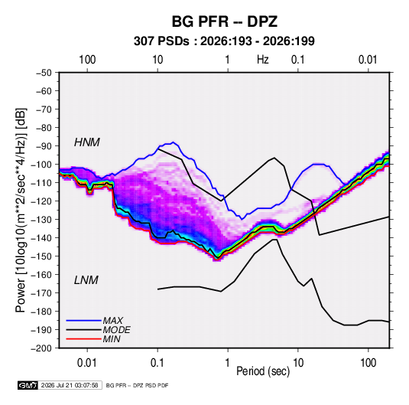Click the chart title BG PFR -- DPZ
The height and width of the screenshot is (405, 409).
[x=224, y=21]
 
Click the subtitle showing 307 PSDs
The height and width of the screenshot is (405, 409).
[x=224, y=41]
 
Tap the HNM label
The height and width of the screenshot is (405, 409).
[x=87, y=142]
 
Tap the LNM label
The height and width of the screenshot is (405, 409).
[x=86, y=280]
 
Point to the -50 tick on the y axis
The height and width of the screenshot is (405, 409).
[x=44, y=73]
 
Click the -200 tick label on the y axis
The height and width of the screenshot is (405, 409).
[x=41, y=348]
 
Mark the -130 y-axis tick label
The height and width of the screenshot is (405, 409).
[x=41, y=220]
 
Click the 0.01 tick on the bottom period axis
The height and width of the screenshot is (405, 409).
[x=87, y=363]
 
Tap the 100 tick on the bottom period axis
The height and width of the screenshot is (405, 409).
[x=368, y=363]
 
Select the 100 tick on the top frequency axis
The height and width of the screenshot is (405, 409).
[x=87, y=60]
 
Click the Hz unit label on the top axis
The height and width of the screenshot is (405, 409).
[x=263, y=60]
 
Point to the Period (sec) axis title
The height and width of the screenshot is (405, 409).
[x=263, y=371]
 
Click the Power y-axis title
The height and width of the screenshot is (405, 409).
[x=21, y=210]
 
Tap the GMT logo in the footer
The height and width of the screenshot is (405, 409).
[x=28, y=385]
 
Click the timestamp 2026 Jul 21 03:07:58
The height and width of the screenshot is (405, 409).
[x=70, y=385]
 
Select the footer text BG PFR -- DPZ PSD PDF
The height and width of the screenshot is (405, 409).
[x=137, y=385]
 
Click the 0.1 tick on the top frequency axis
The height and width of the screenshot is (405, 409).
[x=298, y=60]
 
